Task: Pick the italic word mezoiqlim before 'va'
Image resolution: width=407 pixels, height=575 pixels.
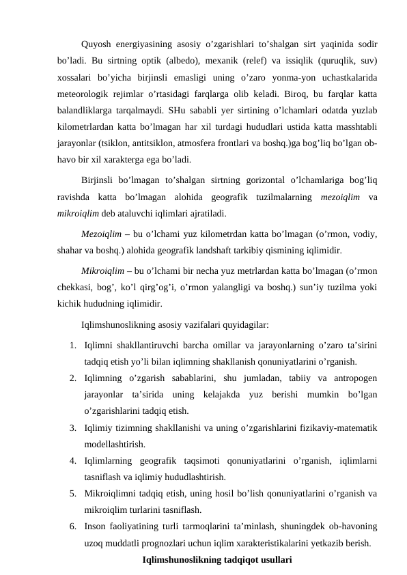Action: [340, 197]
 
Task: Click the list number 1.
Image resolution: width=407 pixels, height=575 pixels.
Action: [72, 345]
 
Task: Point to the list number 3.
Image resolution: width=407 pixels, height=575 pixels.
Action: [72, 428]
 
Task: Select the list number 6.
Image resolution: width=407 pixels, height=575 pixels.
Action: [72, 527]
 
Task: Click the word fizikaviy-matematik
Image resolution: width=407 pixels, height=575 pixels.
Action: [337, 428]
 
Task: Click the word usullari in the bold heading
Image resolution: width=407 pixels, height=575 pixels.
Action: [272, 559]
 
